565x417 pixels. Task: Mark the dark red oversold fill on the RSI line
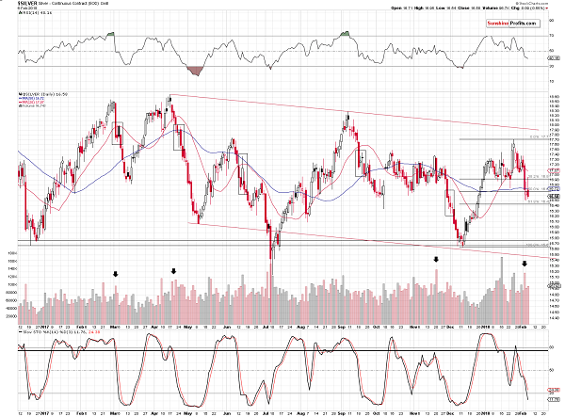click(197, 71)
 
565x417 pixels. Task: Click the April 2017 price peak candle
click(169, 96)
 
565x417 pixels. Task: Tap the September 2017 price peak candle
click(347, 116)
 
